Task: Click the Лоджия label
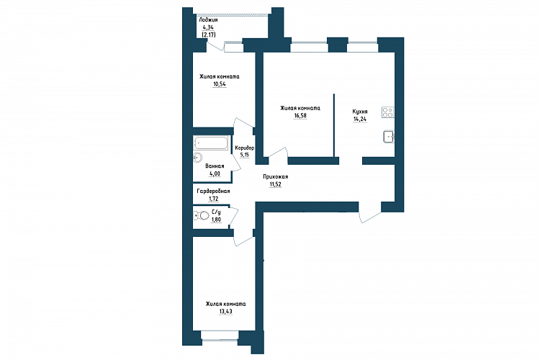[208, 20]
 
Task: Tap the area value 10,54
[220, 84]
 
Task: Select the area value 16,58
[300, 116]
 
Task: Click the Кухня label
[360, 112]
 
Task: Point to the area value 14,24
[360, 120]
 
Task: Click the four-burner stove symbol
[388, 112]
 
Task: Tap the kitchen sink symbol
[389, 137]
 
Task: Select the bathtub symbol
[211, 143]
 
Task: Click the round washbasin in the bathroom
[197, 158]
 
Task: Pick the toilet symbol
[202, 216]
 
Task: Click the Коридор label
[245, 148]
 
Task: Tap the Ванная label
[215, 166]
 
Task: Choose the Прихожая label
[276, 176]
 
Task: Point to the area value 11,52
[276, 184]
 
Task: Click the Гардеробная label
[214, 192]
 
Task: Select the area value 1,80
[216, 220]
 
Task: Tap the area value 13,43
[225, 312]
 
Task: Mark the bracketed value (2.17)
[208, 35]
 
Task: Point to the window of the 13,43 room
[220, 336]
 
